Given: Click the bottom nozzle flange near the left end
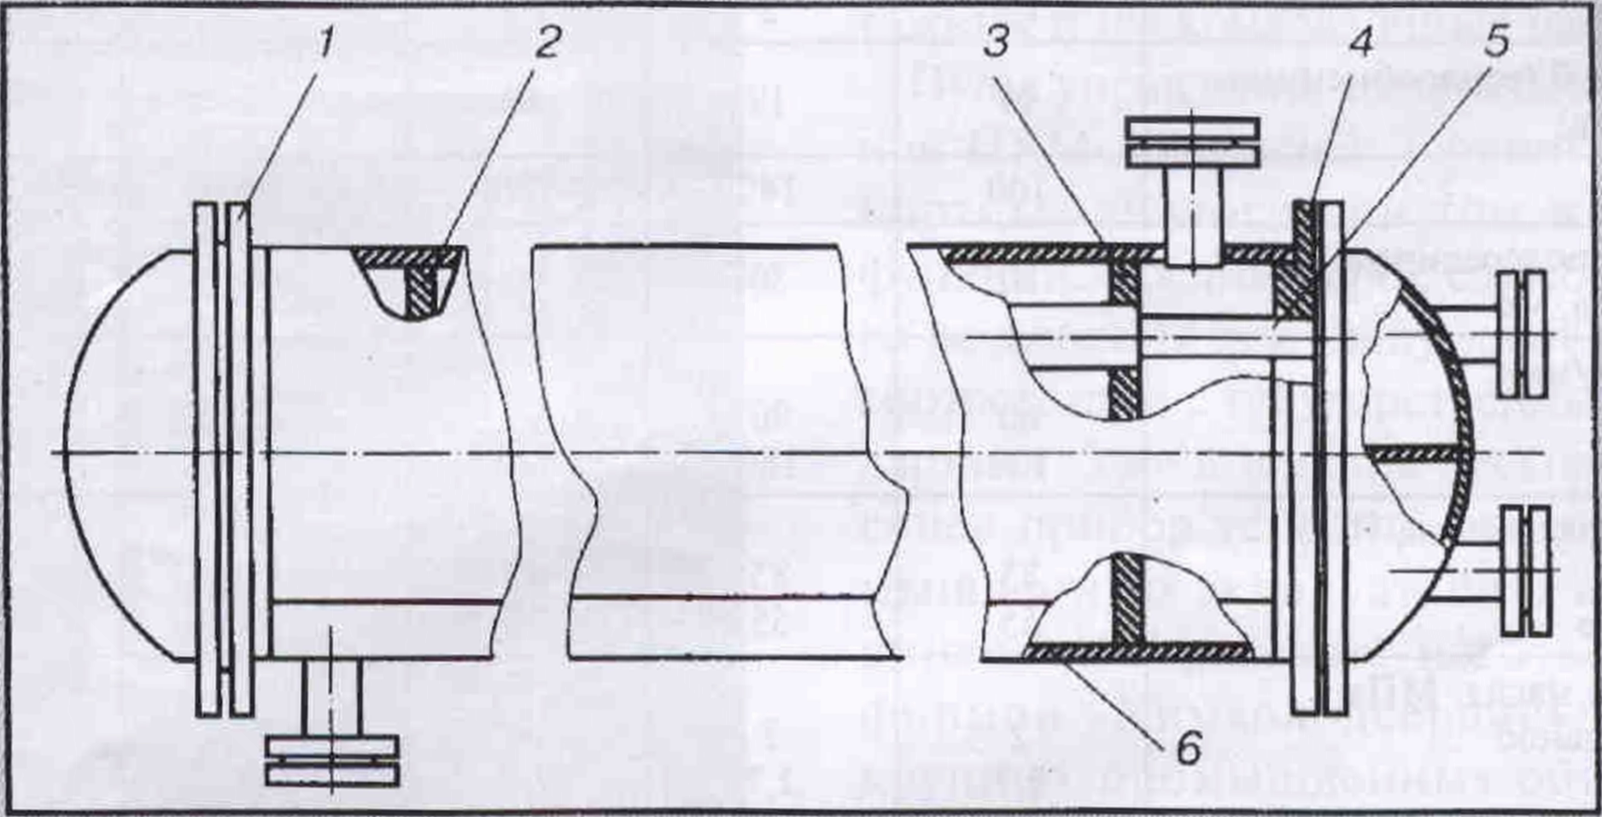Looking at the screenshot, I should coord(331,760).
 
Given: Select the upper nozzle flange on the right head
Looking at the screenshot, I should coord(1523,334).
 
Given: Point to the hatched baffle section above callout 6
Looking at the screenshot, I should coord(1127,598).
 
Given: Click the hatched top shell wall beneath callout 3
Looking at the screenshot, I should coord(1050,254).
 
